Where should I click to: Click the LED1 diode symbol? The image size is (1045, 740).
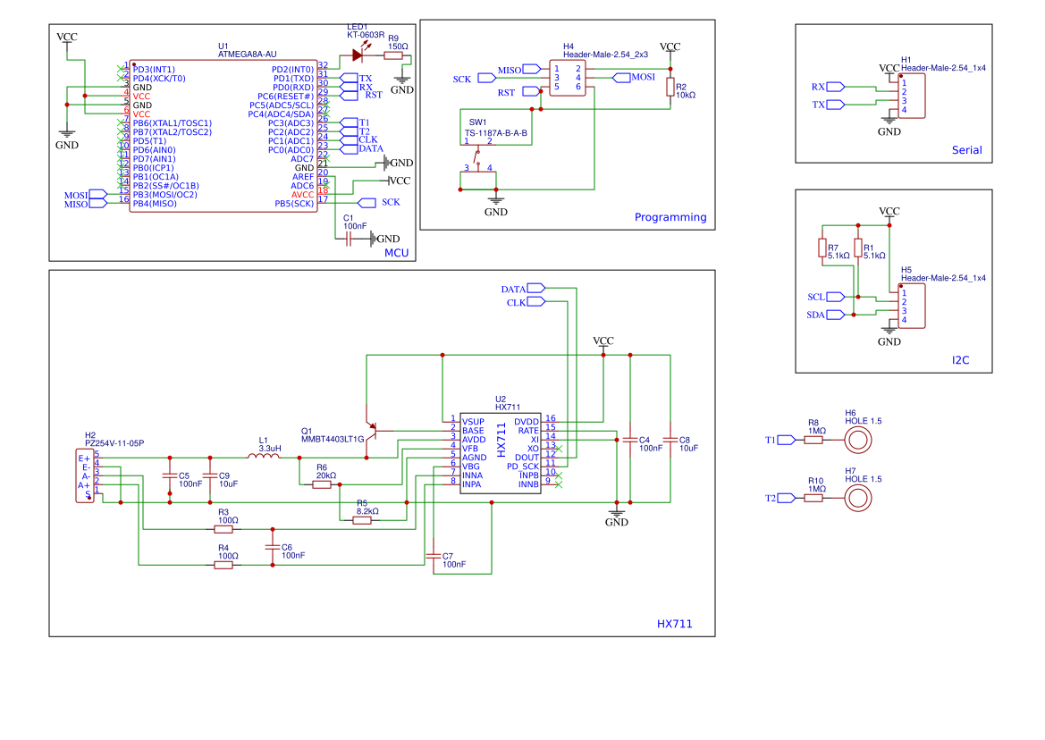pyautogui.click(x=358, y=55)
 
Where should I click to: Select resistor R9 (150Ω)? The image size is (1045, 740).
pyautogui.click(x=393, y=55)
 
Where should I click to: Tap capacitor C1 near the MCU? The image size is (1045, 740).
pyautogui.click(x=349, y=239)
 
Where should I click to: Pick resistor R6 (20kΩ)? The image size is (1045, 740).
pyautogui.click(x=323, y=484)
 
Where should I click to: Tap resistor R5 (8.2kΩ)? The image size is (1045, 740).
pyautogui.click(x=362, y=520)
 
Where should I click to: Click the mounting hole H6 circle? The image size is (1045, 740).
pyautogui.click(x=858, y=439)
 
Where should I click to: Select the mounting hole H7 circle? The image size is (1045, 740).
pyautogui.click(x=858, y=497)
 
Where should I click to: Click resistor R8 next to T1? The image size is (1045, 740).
pyautogui.click(x=813, y=440)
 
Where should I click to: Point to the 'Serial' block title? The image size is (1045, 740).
pyautogui.click(x=966, y=150)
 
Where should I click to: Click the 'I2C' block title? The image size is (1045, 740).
pyautogui.click(x=960, y=360)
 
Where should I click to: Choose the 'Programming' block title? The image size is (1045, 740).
pyautogui.click(x=670, y=217)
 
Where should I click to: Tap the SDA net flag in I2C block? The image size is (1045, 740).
pyautogui.click(x=835, y=315)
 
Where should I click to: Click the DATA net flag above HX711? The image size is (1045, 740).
pyautogui.click(x=535, y=288)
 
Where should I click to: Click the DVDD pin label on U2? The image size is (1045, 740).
pyautogui.click(x=527, y=421)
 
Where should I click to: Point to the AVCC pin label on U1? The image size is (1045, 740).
pyautogui.click(x=302, y=194)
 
